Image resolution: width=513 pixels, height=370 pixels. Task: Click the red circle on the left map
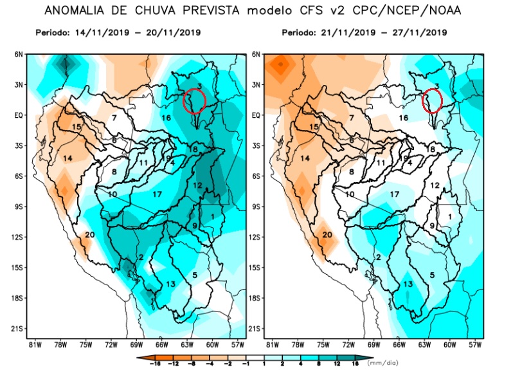click(x=194, y=101)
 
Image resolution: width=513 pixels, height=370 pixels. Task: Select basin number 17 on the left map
click(x=158, y=194)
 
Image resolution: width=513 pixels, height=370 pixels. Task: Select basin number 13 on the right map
click(x=408, y=284)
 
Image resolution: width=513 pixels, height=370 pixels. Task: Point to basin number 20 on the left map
click(x=89, y=234)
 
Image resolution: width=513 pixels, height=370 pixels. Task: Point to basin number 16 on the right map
click(x=404, y=118)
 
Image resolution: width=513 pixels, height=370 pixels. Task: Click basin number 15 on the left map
click(x=76, y=127)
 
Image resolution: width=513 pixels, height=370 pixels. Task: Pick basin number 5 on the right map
click(x=432, y=275)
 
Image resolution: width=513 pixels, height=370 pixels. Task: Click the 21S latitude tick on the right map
click(x=255, y=328)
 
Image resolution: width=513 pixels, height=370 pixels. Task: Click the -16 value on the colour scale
click(x=155, y=364)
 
